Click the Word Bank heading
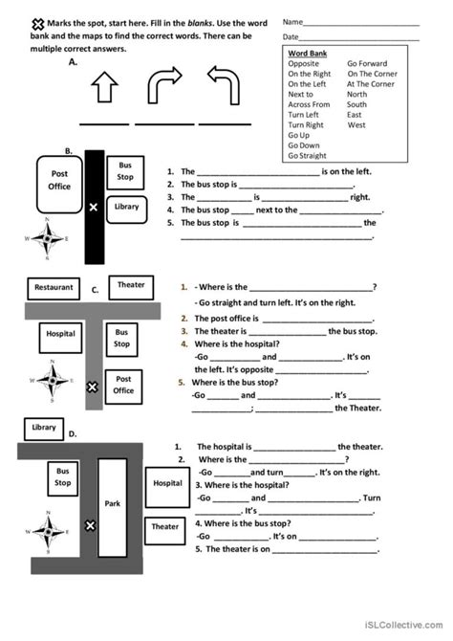pyautogui.click(x=307, y=54)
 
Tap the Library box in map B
pyautogui.click(x=126, y=207)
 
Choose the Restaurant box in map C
pyautogui.click(x=54, y=287)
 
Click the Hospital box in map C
pyautogui.click(x=60, y=335)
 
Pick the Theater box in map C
pyautogui.click(x=131, y=285)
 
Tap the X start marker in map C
pyautogui.click(x=92, y=387)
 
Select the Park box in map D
pyautogui.click(x=113, y=503)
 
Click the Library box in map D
pyautogui.click(x=43, y=428)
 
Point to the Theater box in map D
pyautogui.click(x=164, y=526)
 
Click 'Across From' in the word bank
pyautogui.click(x=309, y=105)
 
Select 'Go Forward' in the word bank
pyautogui.click(x=368, y=63)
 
